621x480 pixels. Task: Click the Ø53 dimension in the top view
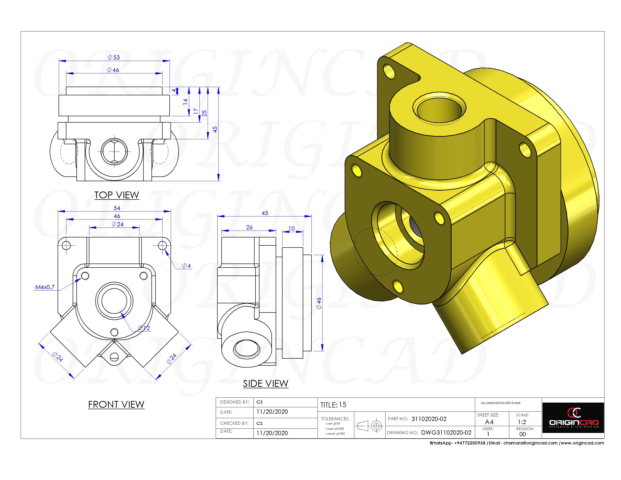114,57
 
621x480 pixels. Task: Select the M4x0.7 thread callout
45,287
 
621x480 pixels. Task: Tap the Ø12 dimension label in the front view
144,328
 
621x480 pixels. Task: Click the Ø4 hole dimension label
187,266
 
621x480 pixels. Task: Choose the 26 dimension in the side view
249,228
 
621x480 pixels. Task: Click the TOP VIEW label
117,195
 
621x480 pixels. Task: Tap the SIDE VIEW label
266,384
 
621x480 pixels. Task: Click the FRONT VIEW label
116,404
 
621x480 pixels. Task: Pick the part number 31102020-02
429,419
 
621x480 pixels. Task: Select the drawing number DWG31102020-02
446,432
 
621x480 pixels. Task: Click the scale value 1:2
522,422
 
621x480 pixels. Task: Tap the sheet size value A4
489,422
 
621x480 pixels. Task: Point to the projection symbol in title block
369,426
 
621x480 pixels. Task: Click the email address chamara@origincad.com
530,443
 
